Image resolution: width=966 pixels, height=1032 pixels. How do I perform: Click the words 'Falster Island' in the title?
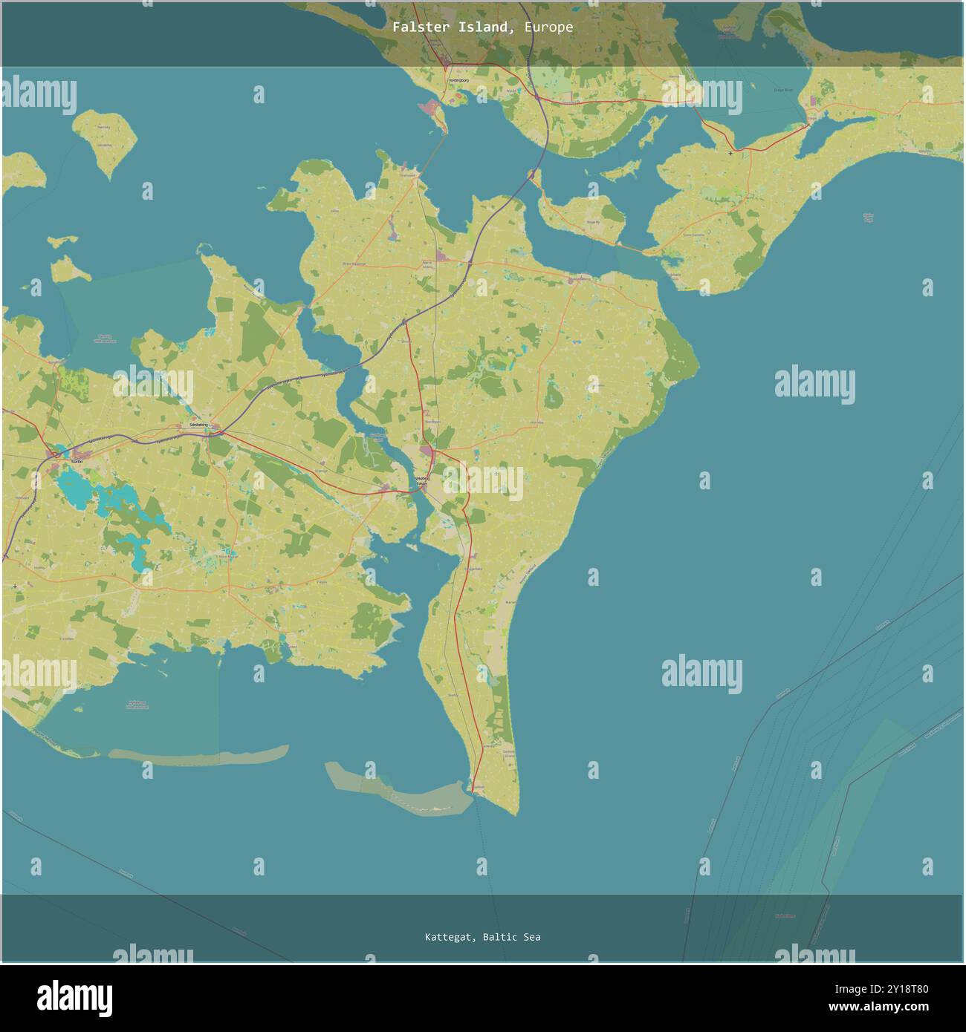click(x=451, y=27)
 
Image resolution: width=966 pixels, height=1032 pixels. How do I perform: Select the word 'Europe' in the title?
click(x=548, y=27)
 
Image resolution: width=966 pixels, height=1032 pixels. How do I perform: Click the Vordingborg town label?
click(x=458, y=79)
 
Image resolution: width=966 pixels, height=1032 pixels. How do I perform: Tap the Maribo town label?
click(x=77, y=461)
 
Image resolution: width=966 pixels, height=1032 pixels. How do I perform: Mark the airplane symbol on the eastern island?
click(x=731, y=154)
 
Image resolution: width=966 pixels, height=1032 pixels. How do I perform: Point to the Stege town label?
click(x=811, y=117)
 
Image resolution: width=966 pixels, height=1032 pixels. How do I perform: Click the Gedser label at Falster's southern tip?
click(x=479, y=787)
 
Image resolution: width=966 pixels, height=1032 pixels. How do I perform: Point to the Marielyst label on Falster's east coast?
click(x=511, y=601)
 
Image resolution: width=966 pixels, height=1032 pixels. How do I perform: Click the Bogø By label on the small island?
click(x=593, y=222)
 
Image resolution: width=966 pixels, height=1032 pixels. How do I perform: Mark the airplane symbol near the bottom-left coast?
click(x=16, y=587)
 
